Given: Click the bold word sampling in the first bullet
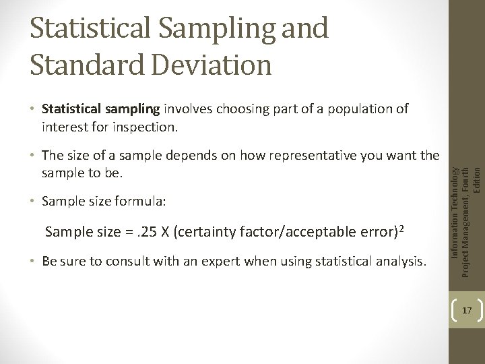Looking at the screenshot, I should [131, 109].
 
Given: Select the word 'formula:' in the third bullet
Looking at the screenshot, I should [143, 202].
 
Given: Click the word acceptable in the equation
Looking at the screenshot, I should [296, 233].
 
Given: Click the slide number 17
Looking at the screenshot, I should [467, 311].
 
